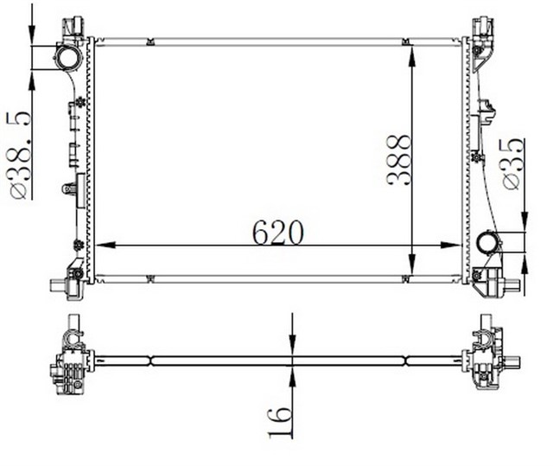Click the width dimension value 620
pos(277,231)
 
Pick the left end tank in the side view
pos(69,359)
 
